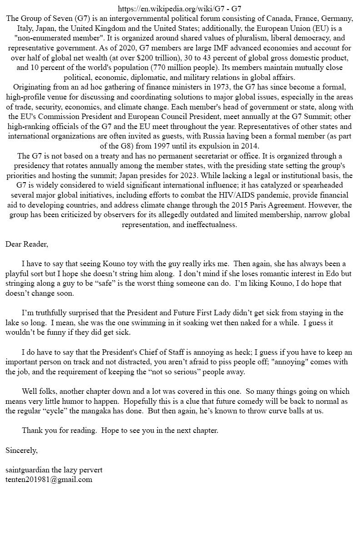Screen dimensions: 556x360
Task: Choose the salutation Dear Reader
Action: (x=26, y=244)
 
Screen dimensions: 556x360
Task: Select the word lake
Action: (x=12, y=323)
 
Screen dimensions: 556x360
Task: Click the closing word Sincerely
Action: (x=21, y=451)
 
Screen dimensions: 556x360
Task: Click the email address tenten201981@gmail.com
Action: (x=49, y=480)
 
